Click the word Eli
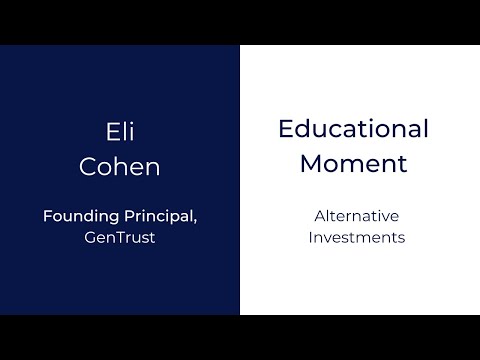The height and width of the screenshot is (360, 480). [119, 132]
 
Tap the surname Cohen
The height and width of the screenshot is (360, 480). [119, 165]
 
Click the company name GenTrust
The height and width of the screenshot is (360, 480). [119, 239]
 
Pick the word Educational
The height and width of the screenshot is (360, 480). [353, 129]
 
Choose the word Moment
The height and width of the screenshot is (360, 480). [353, 163]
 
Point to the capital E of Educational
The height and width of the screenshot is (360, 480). [285, 129]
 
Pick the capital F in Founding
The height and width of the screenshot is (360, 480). [46, 215]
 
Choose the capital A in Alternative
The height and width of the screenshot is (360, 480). [319, 215]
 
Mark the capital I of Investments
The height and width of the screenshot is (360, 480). [310, 238]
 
